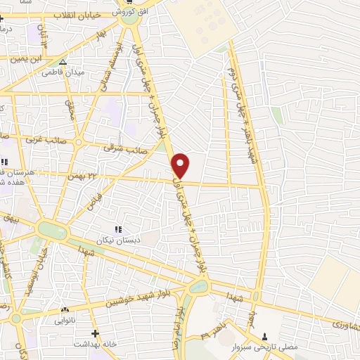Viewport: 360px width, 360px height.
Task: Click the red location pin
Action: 181,165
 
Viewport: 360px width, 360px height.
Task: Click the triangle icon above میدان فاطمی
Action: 63,62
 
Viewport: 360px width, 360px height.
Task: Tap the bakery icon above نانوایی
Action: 65,309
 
